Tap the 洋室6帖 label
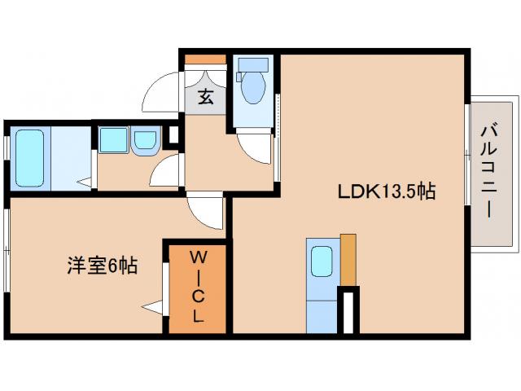point(101,265)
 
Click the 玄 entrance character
point(207,98)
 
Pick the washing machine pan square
point(113,140)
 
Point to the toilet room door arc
point(254,147)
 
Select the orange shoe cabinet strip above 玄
point(205,59)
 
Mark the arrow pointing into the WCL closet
point(151,307)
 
